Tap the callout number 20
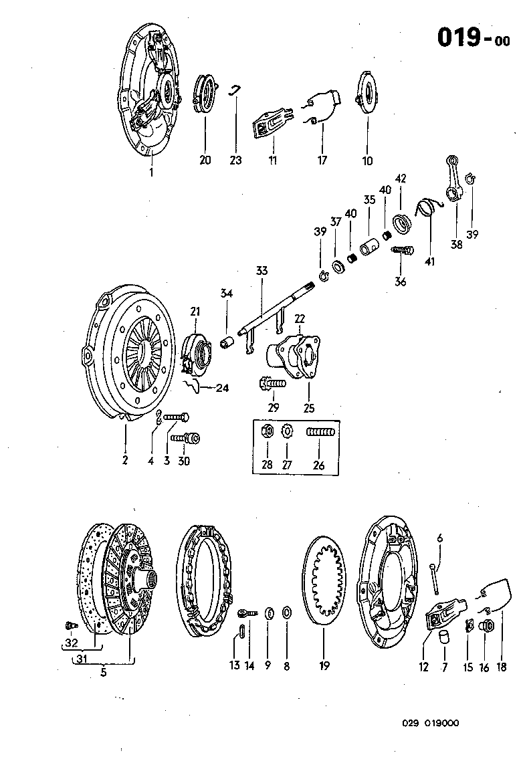point(205,160)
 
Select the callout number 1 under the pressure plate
point(151,173)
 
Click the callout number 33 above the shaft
point(261,271)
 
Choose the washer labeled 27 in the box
point(288,431)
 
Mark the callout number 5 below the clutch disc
point(104,672)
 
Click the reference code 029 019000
point(430,723)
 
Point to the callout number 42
point(401,179)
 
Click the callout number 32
point(71,643)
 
